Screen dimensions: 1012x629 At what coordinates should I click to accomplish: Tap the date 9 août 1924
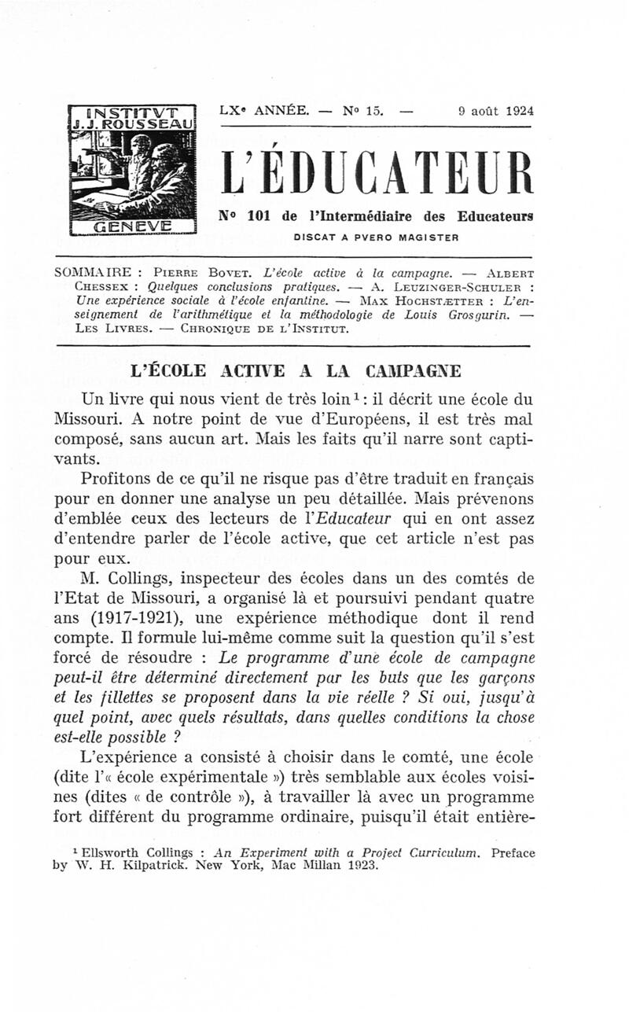pos(495,111)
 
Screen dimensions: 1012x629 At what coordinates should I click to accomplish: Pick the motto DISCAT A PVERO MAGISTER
pos(376,236)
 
